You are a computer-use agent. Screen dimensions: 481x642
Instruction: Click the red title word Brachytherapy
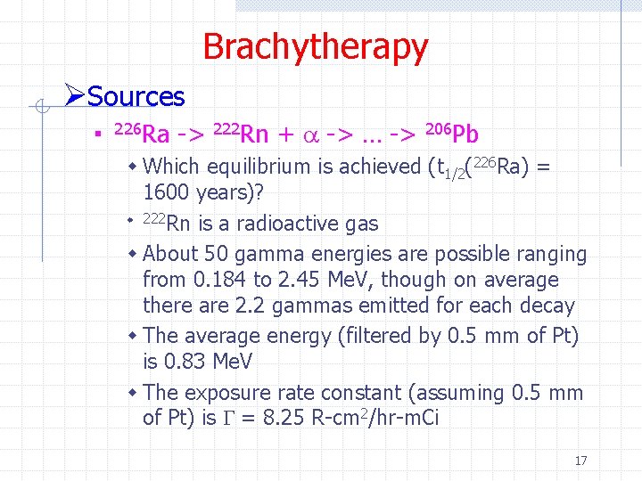(315, 46)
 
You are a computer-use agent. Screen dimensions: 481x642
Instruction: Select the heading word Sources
(136, 96)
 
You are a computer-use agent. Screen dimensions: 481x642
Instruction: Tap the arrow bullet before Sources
(75, 94)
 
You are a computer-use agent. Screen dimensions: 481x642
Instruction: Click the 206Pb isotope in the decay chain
(452, 134)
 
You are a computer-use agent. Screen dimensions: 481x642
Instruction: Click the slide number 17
(580, 461)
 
